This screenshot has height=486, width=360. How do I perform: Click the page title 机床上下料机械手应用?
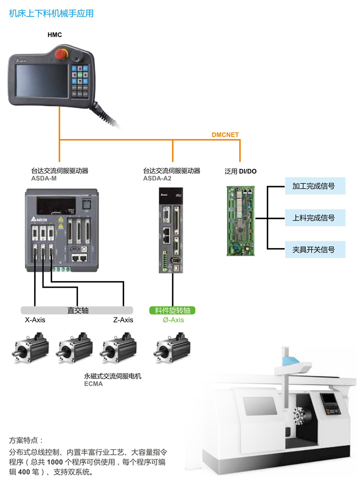coord(51,14)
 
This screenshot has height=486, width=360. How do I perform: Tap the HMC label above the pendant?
coord(55,35)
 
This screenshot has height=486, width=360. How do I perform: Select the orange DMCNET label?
coord(225,135)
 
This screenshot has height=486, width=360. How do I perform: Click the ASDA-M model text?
coord(44,178)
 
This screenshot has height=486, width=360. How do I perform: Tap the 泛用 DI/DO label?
coord(240,171)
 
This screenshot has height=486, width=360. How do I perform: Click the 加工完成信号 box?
coord(315,186)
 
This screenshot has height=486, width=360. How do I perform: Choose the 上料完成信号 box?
coord(315,218)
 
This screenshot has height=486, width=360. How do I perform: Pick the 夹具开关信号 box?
coord(315,250)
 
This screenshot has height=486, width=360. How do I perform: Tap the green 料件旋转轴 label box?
coord(172,311)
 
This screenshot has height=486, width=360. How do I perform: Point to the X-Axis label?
coord(35,320)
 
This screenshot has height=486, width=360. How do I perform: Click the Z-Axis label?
coord(123,320)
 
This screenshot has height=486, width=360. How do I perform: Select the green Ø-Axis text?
coord(173,320)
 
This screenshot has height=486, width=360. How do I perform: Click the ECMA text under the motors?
coord(93,384)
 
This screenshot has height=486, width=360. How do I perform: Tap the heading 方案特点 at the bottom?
coord(26,440)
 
